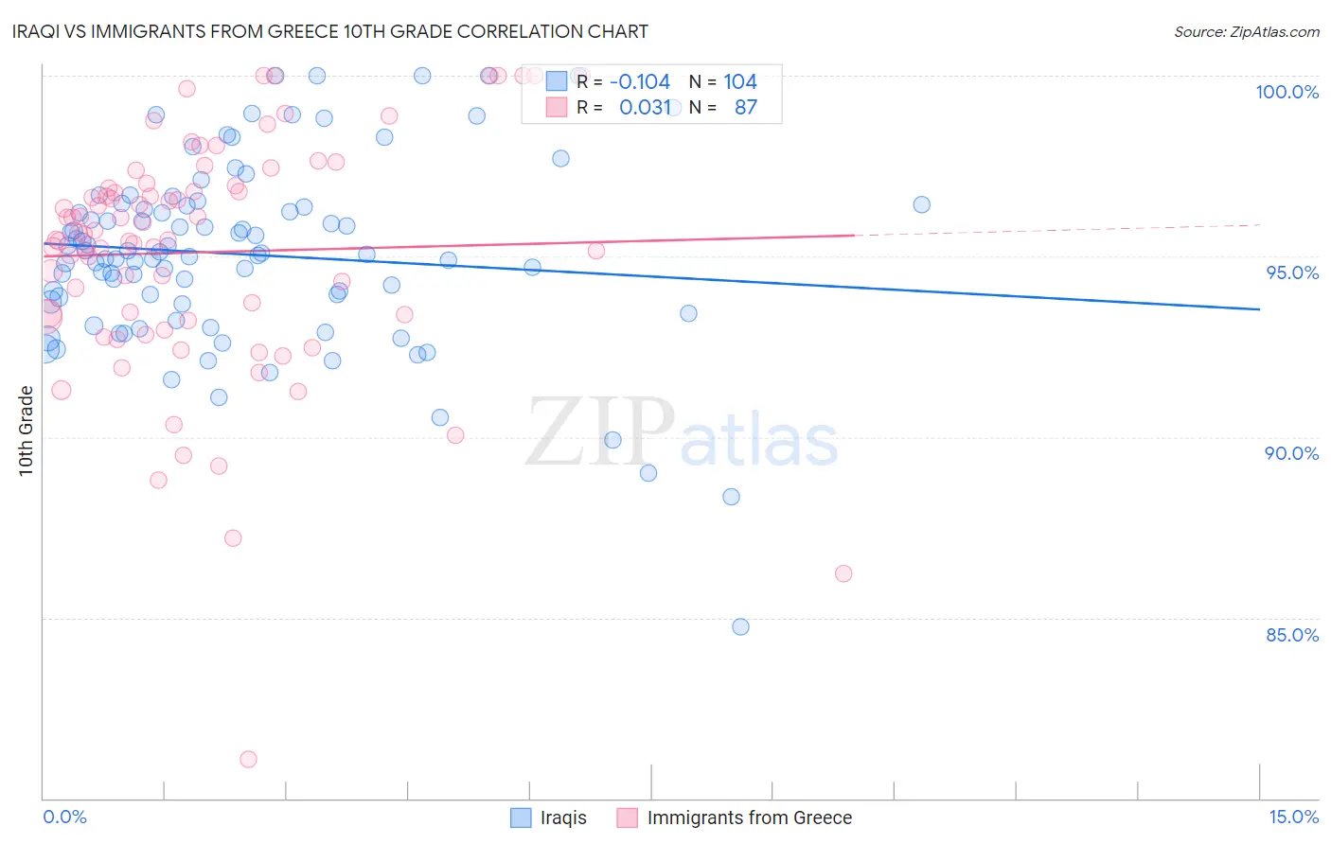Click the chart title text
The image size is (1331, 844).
pos(330,31)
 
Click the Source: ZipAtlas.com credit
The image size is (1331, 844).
pos(1246,32)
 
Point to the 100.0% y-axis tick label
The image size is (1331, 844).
pos(1287,92)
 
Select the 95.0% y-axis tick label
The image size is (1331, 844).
pos(1292,273)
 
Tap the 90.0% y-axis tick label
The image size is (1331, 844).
pos(1292,453)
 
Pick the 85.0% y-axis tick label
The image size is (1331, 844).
pos(1292,635)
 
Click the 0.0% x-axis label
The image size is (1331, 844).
pos(64,817)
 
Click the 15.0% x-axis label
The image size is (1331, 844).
pos(1293,817)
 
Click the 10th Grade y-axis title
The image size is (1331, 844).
pos(27,431)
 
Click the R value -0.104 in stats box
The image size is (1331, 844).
pos(640,82)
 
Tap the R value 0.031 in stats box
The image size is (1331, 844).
pos(645,107)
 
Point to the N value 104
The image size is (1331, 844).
pos(740,82)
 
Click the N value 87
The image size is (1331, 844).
pos(746,107)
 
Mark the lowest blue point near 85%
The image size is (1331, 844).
pos(740,626)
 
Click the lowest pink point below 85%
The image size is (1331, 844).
pos(248,759)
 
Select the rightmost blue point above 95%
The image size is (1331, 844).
pos(921,204)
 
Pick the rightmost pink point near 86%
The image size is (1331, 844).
pos(843,573)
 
